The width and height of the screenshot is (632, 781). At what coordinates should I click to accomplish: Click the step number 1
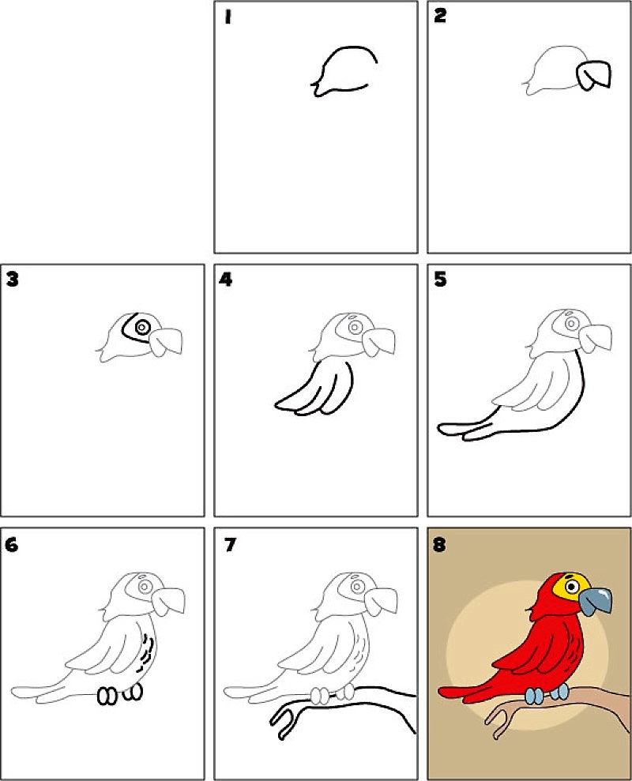[228, 17]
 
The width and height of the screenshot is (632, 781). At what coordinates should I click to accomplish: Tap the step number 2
[439, 16]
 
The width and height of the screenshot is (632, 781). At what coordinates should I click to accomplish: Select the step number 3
[12, 279]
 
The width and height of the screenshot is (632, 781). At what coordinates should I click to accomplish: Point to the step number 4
[226, 280]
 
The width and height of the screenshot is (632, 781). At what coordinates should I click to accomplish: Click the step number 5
[440, 280]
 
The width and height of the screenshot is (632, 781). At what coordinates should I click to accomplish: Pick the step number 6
[12, 544]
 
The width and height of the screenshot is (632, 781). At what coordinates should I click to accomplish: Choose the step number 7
[229, 544]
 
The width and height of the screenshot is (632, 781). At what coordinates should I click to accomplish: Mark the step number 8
[439, 544]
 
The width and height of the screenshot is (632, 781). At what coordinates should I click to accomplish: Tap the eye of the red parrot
[571, 587]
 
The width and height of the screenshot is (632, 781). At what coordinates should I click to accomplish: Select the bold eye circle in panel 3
[142, 327]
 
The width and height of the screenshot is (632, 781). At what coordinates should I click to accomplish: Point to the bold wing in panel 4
[314, 388]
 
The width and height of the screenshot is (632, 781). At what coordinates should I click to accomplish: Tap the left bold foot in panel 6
[107, 697]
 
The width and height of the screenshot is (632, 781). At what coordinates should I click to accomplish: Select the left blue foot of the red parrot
[534, 696]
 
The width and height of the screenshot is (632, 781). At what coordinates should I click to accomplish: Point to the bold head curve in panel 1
[344, 69]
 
